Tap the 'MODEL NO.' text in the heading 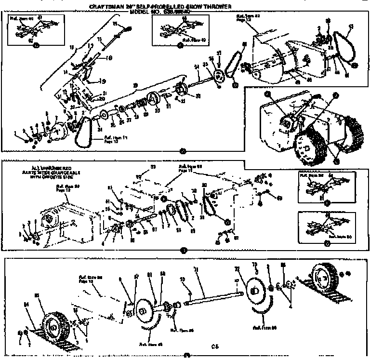pos(143,11)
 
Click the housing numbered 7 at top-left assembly pos(58,130)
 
